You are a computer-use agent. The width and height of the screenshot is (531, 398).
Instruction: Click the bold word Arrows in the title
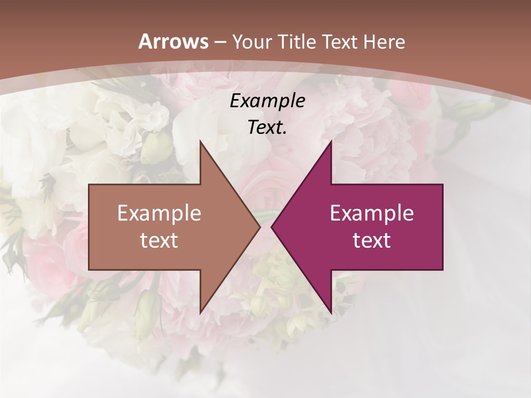(173, 41)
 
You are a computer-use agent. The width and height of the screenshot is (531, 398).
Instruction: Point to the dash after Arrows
(220, 42)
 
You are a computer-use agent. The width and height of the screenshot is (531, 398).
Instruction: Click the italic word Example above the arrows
(267, 101)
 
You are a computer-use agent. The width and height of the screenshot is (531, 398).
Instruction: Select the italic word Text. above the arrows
(267, 128)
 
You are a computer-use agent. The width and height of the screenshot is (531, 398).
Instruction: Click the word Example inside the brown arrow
(159, 213)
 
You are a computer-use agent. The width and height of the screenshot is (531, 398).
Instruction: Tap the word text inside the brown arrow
(159, 240)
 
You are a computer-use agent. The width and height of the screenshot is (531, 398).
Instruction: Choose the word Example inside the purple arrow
(372, 213)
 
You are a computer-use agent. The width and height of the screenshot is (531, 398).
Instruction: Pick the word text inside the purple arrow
(372, 240)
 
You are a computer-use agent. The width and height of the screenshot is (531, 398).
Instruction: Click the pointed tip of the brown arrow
(259, 227)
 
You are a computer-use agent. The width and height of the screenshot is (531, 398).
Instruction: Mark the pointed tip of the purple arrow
(272, 227)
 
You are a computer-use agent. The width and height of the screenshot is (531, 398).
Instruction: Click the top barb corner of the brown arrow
(200, 142)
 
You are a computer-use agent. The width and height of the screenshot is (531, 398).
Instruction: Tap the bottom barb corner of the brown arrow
(200, 312)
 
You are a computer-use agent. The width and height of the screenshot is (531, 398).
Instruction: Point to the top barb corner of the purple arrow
(331, 142)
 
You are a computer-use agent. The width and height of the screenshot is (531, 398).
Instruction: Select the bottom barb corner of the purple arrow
(331, 312)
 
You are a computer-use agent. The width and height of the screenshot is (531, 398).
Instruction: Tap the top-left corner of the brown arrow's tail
(90, 185)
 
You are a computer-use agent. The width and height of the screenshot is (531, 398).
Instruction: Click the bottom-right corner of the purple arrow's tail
(442, 269)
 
